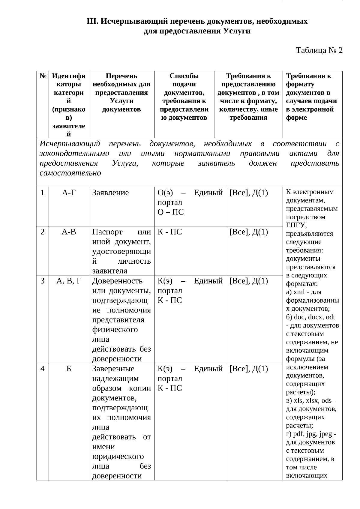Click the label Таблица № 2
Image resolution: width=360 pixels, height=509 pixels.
point(319,50)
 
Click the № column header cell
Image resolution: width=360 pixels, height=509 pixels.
point(43,76)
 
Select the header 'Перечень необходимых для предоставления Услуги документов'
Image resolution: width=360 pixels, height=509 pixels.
point(121,93)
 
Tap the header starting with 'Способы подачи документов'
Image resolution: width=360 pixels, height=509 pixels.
point(184,97)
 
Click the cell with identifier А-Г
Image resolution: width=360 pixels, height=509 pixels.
point(69,193)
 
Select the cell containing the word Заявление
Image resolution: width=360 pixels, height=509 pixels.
point(110,193)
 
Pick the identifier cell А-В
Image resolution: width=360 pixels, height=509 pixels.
point(69,232)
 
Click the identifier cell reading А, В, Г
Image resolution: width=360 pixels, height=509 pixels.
point(69,281)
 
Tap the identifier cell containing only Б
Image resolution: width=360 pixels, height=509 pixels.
point(69,369)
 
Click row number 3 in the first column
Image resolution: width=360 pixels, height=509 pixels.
point(43,281)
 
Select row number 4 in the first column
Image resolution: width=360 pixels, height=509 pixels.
point(43,369)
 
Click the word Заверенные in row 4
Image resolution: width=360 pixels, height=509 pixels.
point(113,369)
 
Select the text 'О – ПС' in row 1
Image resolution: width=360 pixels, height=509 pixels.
point(170,212)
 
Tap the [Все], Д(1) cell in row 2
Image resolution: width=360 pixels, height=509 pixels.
point(248,232)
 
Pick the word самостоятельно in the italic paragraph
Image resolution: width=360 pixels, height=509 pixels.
point(70,173)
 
